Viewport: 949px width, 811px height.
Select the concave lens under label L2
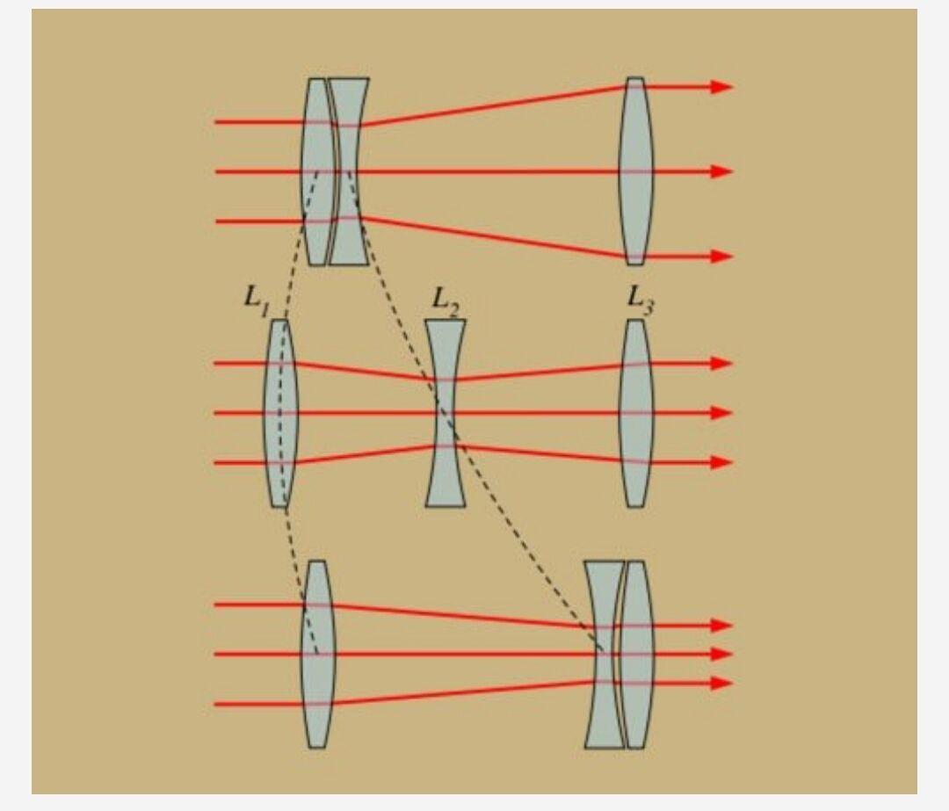[446, 413]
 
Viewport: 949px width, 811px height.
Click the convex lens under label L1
[280, 413]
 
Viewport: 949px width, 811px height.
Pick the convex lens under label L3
[635, 413]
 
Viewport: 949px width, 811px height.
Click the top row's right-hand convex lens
[635, 171]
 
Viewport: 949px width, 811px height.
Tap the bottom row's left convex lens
[317, 655]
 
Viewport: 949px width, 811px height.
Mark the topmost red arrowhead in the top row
[721, 87]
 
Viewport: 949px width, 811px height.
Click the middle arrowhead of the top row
[721, 171]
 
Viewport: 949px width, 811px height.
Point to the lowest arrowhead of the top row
[721, 256]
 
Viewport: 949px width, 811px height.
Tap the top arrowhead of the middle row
[721, 364]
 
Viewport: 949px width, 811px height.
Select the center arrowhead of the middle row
[721, 413]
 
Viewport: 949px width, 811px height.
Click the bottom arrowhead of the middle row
[721, 463]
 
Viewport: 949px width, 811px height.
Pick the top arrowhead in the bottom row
[721, 626]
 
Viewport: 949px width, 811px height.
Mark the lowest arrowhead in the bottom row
[721, 684]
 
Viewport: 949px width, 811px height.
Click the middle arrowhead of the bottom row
[721, 655]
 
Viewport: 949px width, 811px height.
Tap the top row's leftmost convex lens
[316, 171]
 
